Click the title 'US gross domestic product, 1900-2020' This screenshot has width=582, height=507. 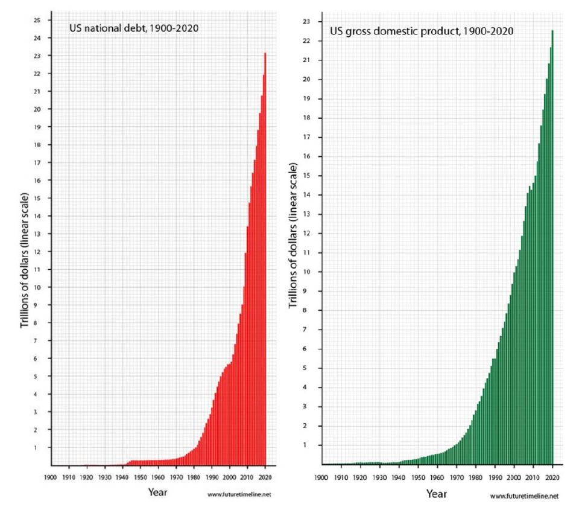(422, 31)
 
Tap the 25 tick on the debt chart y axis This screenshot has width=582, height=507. (37, 20)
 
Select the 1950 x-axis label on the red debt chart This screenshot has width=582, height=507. (140, 477)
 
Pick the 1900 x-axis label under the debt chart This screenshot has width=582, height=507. (51, 477)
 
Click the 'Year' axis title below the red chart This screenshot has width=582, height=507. (158, 492)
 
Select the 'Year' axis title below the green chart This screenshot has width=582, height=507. (436, 494)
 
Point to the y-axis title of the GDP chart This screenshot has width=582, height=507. (293, 235)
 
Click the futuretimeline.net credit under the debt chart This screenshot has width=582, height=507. (239, 494)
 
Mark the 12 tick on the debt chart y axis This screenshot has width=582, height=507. (37, 252)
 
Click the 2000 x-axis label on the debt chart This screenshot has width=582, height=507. (230, 477)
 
